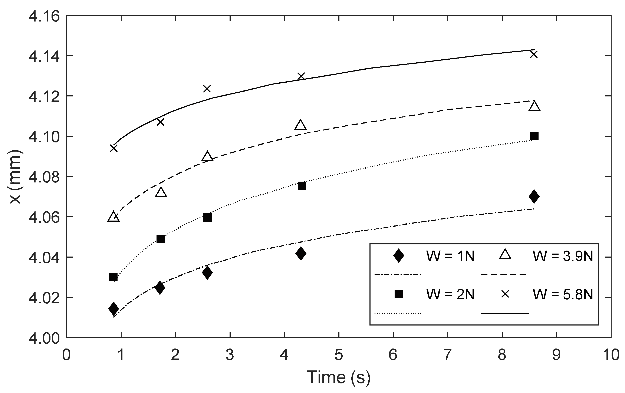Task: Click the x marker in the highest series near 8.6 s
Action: pos(534,54)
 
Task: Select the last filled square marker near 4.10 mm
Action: pos(534,136)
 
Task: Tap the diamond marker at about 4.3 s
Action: pos(301,253)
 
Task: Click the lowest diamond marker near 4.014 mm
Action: pos(114,308)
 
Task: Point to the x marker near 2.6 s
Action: pos(207,89)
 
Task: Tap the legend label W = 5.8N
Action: pos(563,294)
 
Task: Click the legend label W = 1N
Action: pos(450,256)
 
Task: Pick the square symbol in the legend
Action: pos(398,294)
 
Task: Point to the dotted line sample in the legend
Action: pos(398,313)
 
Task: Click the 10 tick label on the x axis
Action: pos(611,355)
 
